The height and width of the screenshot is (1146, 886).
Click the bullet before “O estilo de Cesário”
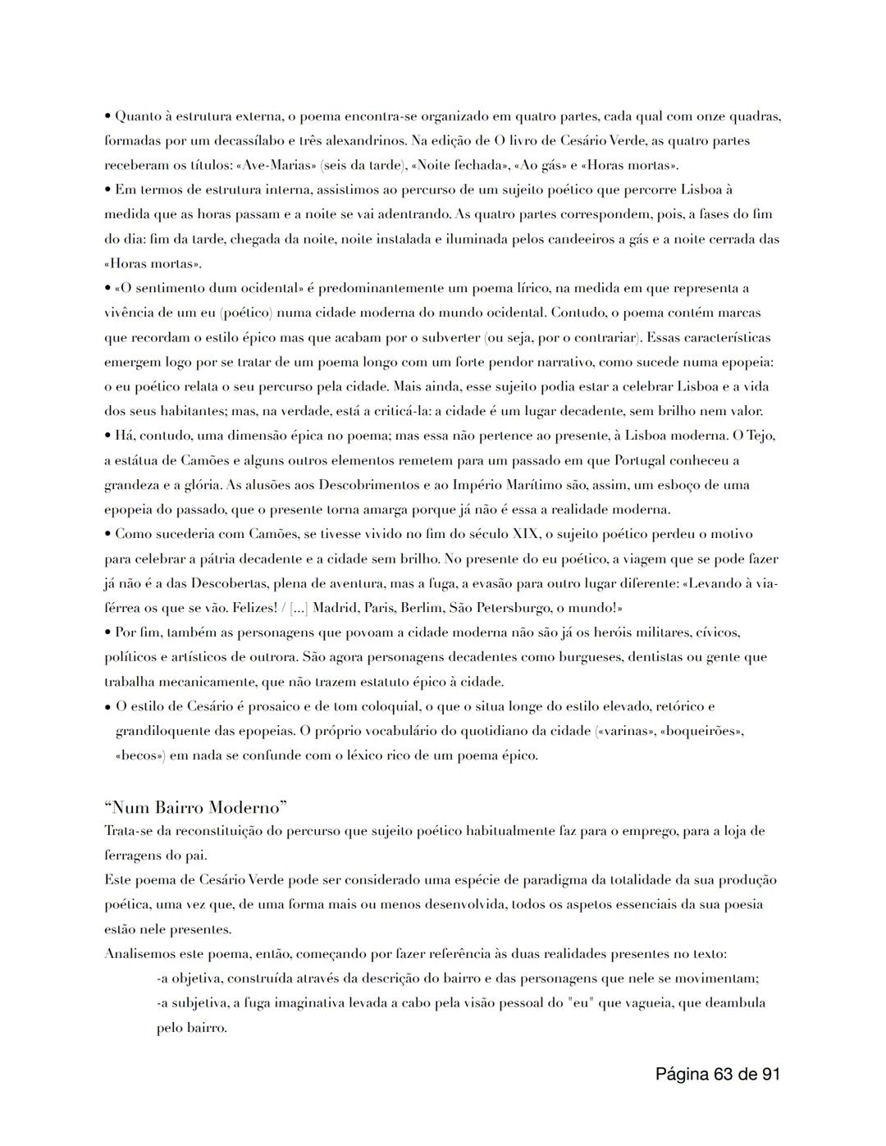coord(108,706)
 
